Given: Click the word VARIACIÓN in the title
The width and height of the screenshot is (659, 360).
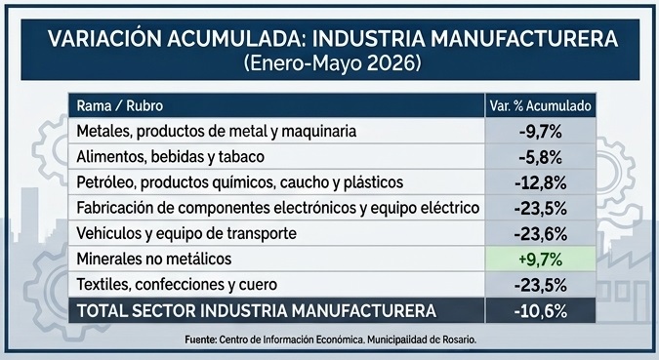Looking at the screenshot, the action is [x=104, y=39].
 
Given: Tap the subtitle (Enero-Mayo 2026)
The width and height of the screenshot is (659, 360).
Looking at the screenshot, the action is [x=332, y=63].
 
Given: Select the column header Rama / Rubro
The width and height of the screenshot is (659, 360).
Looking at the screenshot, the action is [x=120, y=106].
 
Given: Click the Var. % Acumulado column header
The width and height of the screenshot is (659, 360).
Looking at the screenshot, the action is [x=541, y=106].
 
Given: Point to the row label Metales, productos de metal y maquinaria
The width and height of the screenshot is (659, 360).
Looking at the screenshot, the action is [x=217, y=132].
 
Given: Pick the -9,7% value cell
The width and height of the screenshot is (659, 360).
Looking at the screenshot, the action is [x=541, y=132].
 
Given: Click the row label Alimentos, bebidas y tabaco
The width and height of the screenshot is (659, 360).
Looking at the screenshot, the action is [x=171, y=157].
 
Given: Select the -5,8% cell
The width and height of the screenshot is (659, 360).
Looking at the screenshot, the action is [x=541, y=157].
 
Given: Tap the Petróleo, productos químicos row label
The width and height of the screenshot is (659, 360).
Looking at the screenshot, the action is [x=240, y=182].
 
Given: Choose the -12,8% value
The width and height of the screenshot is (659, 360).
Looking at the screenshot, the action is [x=541, y=183].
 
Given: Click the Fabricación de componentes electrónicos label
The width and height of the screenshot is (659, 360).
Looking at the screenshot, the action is [x=278, y=208].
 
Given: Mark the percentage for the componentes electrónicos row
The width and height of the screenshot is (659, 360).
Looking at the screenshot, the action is [x=541, y=209].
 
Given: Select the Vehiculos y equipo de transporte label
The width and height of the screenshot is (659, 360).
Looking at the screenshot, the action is [x=186, y=233].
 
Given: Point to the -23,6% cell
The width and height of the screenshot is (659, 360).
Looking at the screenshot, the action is [x=541, y=234].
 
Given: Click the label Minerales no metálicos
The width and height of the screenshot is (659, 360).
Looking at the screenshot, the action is [x=154, y=259].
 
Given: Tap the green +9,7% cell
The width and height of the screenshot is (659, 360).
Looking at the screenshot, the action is [x=541, y=260].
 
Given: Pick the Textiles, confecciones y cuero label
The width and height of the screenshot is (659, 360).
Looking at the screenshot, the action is [x=177, y=285].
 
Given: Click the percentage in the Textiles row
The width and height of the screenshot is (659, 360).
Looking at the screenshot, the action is [x=541, y=286].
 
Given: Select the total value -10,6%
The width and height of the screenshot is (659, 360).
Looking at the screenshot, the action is [x=541, y=311].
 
